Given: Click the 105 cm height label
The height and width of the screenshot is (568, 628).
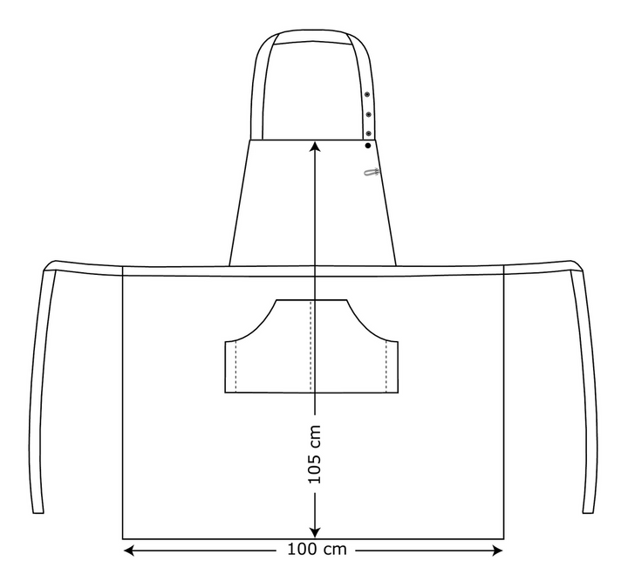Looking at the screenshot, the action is click(315, 454).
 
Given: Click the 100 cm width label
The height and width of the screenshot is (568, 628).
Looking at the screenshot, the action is click(317, 549).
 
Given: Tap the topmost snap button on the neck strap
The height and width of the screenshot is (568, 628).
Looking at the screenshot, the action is click(366, 94).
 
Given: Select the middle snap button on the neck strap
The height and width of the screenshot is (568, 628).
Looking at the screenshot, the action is click(368, 114).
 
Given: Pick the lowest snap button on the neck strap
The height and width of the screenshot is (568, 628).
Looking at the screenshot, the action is click(368, 133).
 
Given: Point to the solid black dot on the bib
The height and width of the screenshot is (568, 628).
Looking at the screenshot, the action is click(368, 146).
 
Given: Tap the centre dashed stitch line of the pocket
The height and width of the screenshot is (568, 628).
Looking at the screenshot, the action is click(311, 346).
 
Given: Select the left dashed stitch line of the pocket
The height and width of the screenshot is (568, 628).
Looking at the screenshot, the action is click(235, 366).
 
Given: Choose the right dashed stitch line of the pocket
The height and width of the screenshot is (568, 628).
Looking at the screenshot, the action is click(386, 366).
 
